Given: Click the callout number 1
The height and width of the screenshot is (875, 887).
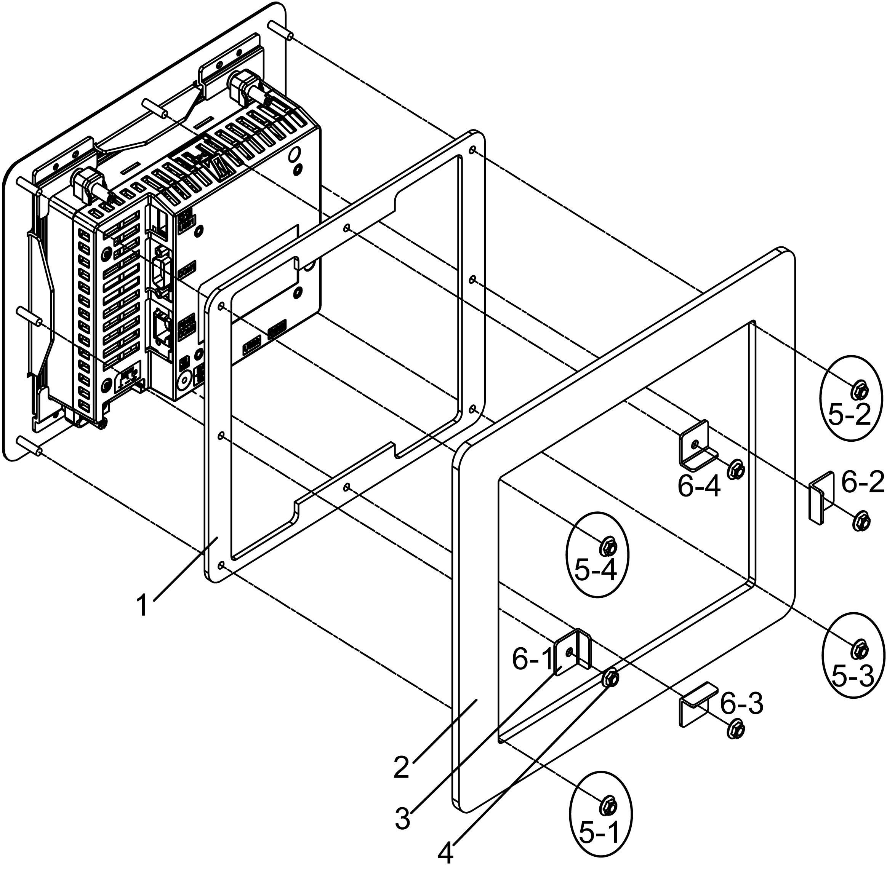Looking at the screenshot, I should click(143, 605).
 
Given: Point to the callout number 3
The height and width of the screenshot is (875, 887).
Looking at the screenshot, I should click(403, 819).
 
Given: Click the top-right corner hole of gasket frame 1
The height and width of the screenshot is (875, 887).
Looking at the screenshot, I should click(472, 150).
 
